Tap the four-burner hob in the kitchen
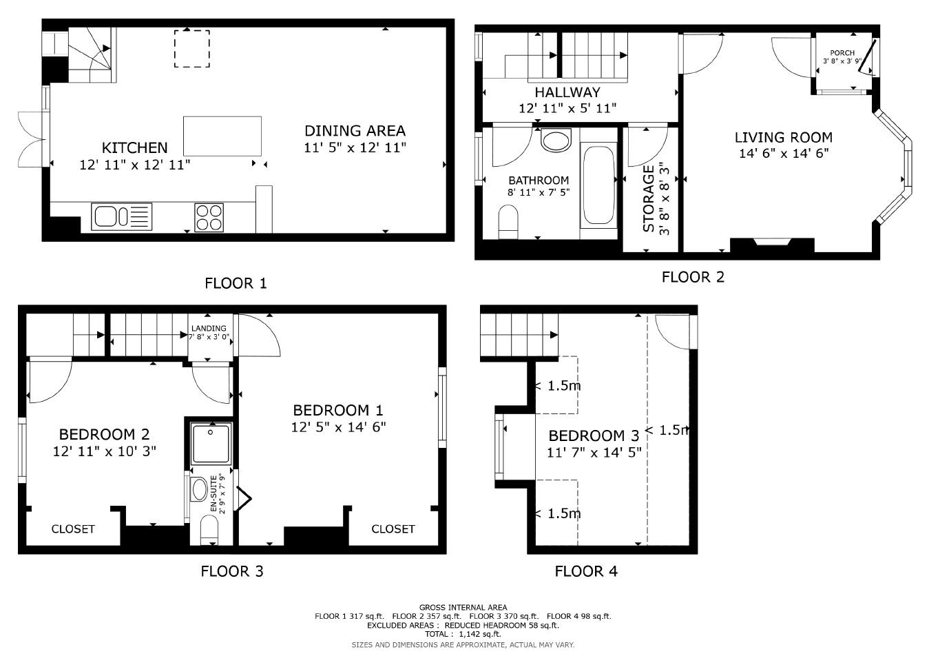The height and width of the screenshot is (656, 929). click(x=209, y=216)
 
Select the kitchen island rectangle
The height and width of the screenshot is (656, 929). click(x=222, y=136)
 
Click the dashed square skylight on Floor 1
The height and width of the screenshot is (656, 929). click(x=191, y=48)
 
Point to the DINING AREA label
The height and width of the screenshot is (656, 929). click(x=355, y=131)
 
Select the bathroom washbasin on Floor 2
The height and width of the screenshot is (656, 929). click(x=556, y=140)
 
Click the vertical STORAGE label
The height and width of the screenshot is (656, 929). click(x=648, y=199)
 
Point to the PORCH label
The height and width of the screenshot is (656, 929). click(x=842, y=53)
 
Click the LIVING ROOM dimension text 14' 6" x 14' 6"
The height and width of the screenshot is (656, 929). click(x=783, y=153)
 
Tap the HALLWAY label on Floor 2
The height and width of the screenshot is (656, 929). click(x=567, y=92)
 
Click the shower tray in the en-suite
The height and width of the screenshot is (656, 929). click(x=210, y=443)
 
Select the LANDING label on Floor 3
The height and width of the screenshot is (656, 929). click(x=209, y=329)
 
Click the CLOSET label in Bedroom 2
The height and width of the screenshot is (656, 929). click(x=73, y=529)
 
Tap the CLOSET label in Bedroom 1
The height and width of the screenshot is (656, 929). click(x=393, y=529)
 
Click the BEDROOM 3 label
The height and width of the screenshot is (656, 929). click(x=594, y=435)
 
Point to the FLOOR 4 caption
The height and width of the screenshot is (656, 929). click(x=586, y=571)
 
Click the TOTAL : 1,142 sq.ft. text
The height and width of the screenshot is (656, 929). click(x=463, y=634)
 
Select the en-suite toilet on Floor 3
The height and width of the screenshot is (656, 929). click(x=208, y=529)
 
